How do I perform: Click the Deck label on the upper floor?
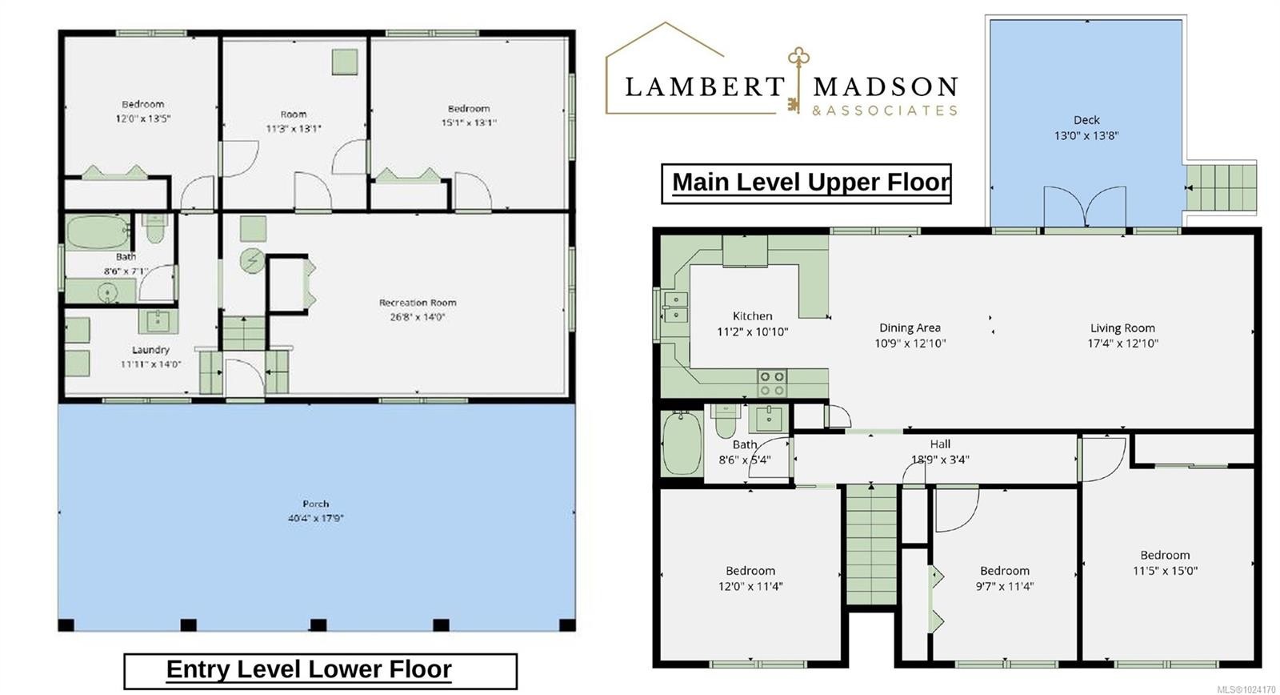1086,120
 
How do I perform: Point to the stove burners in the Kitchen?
772,383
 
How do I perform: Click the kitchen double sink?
675,307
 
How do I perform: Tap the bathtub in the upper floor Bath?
682,444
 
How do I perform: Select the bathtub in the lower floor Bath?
96,232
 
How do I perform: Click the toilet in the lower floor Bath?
155,228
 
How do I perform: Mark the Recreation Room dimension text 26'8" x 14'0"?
418,317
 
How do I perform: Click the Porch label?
315,504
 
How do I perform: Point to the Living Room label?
1122,327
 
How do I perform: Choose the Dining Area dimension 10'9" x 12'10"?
910,343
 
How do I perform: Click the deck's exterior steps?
1220,188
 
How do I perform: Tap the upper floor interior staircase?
872,544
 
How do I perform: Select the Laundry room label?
150,350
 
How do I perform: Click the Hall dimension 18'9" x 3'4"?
940,460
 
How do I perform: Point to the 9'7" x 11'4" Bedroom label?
1004,571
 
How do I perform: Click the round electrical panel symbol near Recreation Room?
253,261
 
